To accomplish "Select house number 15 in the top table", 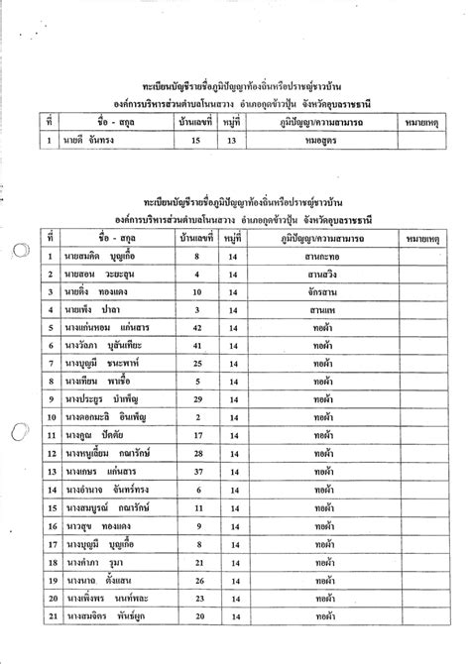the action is pyautogui.click(x=196, y=141).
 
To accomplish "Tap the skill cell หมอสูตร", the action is pyautogui.click(x=318, y=141).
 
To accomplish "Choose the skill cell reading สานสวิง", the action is pyautogui.click(x=318, y=275).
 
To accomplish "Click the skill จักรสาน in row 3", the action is pyautogui.click(x=318, y=292).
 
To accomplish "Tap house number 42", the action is pyautogui.click(x=196, y=327).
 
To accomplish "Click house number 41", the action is pyautogui.click(x=196, y=345).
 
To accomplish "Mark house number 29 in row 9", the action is pyautogui.click(x=196, y=398).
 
